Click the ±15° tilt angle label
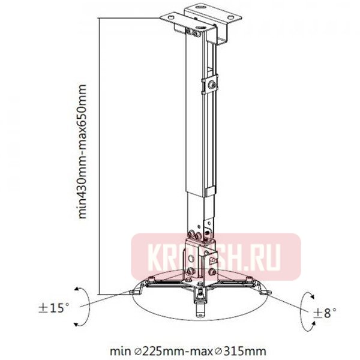53,308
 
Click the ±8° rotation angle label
324,312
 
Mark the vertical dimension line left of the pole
98,156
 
